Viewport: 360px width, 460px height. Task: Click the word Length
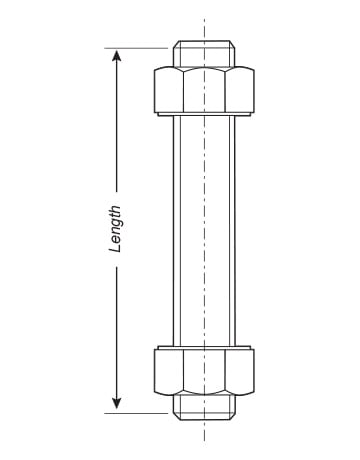pyautogui.click(x=115, y=229)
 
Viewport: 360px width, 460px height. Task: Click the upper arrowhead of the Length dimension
pyautogui.click(x=116, y=55)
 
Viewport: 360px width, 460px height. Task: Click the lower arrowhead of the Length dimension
pyautogui.click(x=116, y=403)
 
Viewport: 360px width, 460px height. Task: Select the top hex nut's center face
pyautogui.click(x=204, y=90)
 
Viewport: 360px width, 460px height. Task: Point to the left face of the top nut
pyautogui.click(x=169, y=90)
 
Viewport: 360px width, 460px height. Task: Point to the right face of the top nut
pyautogui.click(x=240, y=90)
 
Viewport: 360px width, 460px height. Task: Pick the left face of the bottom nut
pyautogui.click(x=169, y=372)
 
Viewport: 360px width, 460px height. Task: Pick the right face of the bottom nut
pyautogui.click(x=240, y=372)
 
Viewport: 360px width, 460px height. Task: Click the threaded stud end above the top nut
pyautogui.click(x=204, y=54)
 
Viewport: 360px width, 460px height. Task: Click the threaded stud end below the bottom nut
pyautogui.click(x=204, y=407)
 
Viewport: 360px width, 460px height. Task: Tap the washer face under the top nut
pyautogui.click(x=204, y=114)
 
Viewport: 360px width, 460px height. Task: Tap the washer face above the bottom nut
pyautogui.click(x=204, y=347)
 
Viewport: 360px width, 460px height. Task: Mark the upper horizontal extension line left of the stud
pyautogui.click(x=136, y=48)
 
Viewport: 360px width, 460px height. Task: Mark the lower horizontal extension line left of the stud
pyautogui.click(x=136, y=413)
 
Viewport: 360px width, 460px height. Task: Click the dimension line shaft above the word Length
pyautogui.click(x=116, y=127)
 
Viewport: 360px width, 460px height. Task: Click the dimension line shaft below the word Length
pyautogui.click(x=116, y=332)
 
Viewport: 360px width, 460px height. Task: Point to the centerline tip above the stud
pyautogui.click(x=204, y=17)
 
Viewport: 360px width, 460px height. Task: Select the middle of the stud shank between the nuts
pyautogui.click(x=204, y=231)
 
